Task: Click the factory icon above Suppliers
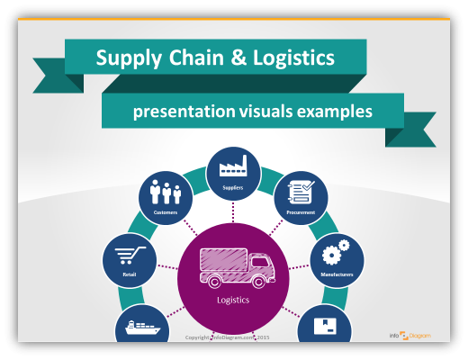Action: pos(233,167)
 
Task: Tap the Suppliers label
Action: pos(233,188)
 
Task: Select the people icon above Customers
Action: pos(166,193)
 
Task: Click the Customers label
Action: pos(166,213)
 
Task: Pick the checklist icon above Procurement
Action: pos(301,192)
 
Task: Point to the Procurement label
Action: pos(301,213)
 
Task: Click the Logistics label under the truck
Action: pos(233,300)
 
